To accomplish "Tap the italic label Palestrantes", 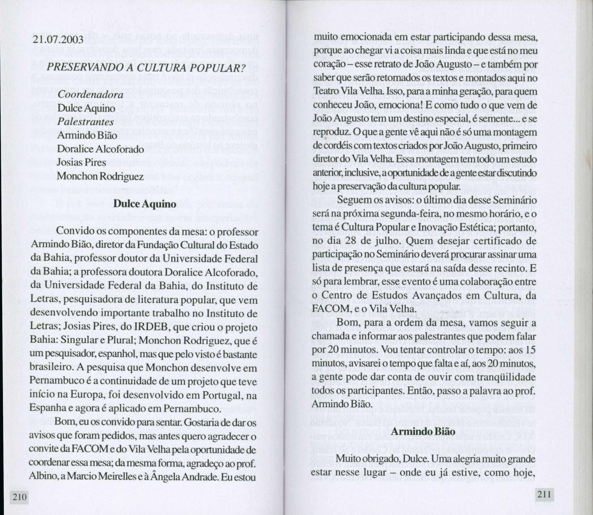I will (85, 122).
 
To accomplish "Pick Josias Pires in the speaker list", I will (81, 163).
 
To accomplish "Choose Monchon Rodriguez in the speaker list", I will (100, 176).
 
